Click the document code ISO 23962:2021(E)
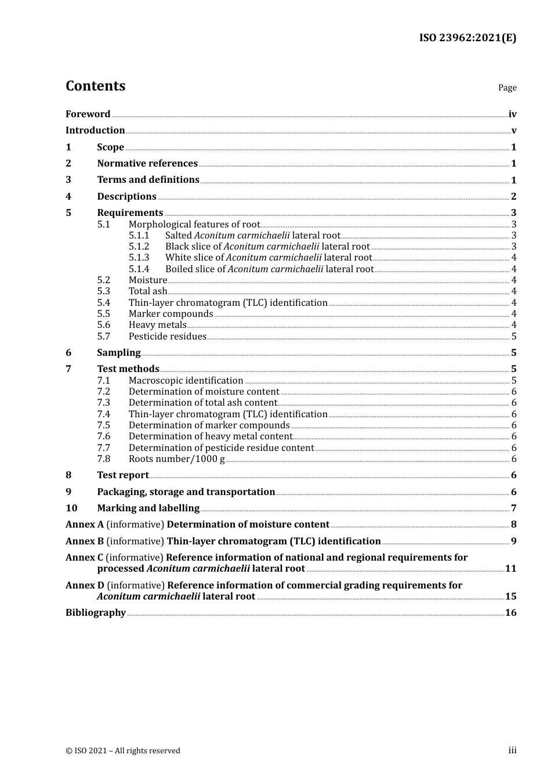[x=467, y=38]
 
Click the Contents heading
[x=95, y=86]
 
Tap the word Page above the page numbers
[x=507, y=88]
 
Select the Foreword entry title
[x=88, y=114]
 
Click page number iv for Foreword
[x=512, y=114]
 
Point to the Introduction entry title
[x=95, y=131]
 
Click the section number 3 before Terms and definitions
[x=68, y=180]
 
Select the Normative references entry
[x=147, y=164]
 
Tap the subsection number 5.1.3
[x=139, y=258]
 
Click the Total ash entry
[x=148, y=291]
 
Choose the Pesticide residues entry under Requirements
[x=167, y=337]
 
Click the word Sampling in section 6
[x=119, y=353]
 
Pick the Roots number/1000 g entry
[x=176, y=459]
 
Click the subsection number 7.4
[x=103, y=414]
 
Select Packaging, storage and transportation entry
[x=186, y=492]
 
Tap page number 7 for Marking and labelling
[x=514, y=508]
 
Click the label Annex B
[x=85, y=541]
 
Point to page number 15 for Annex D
[x=510, y=597]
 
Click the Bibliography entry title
[x=96, y=613]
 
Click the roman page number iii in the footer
[x=512, y=750]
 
